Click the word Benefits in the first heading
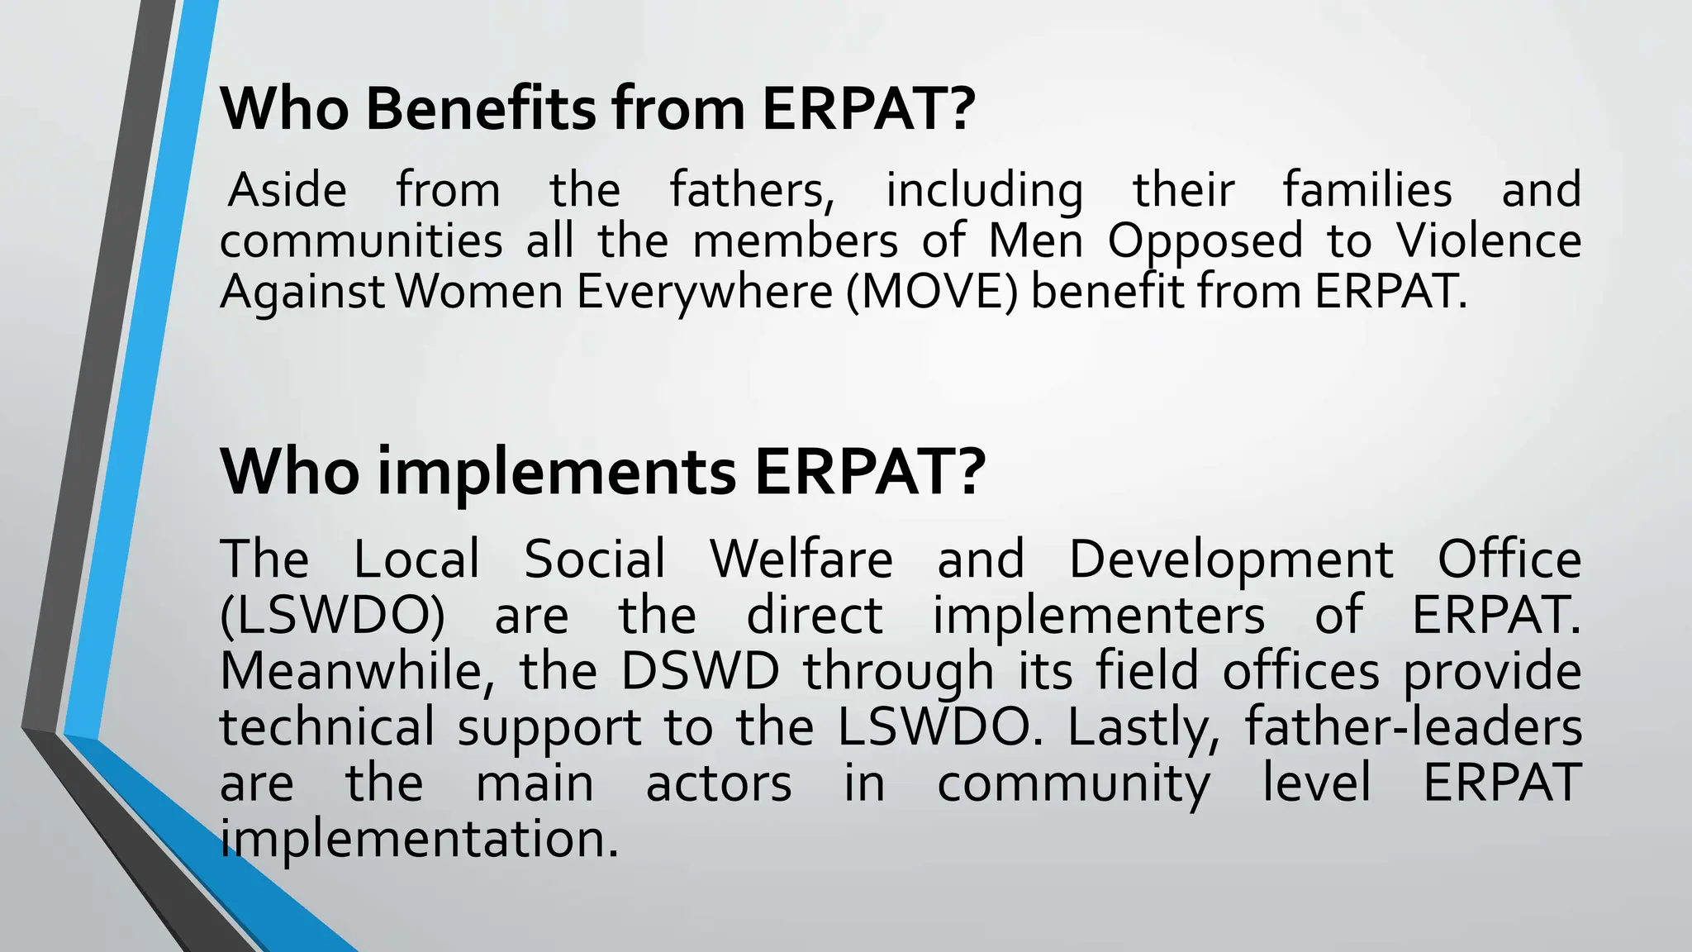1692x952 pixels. coord(478,108)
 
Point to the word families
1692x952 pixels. coord(1367,190)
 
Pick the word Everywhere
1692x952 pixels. coord(705,292)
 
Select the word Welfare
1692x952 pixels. coord(801,559)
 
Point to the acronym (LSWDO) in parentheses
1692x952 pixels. coord(333,616)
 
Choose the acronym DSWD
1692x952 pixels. coord(700,671)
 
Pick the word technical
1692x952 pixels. coord(327,727)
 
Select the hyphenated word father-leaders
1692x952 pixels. coord(1413,727)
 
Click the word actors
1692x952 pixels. coord(719,783)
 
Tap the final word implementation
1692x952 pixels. coord(419,840)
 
